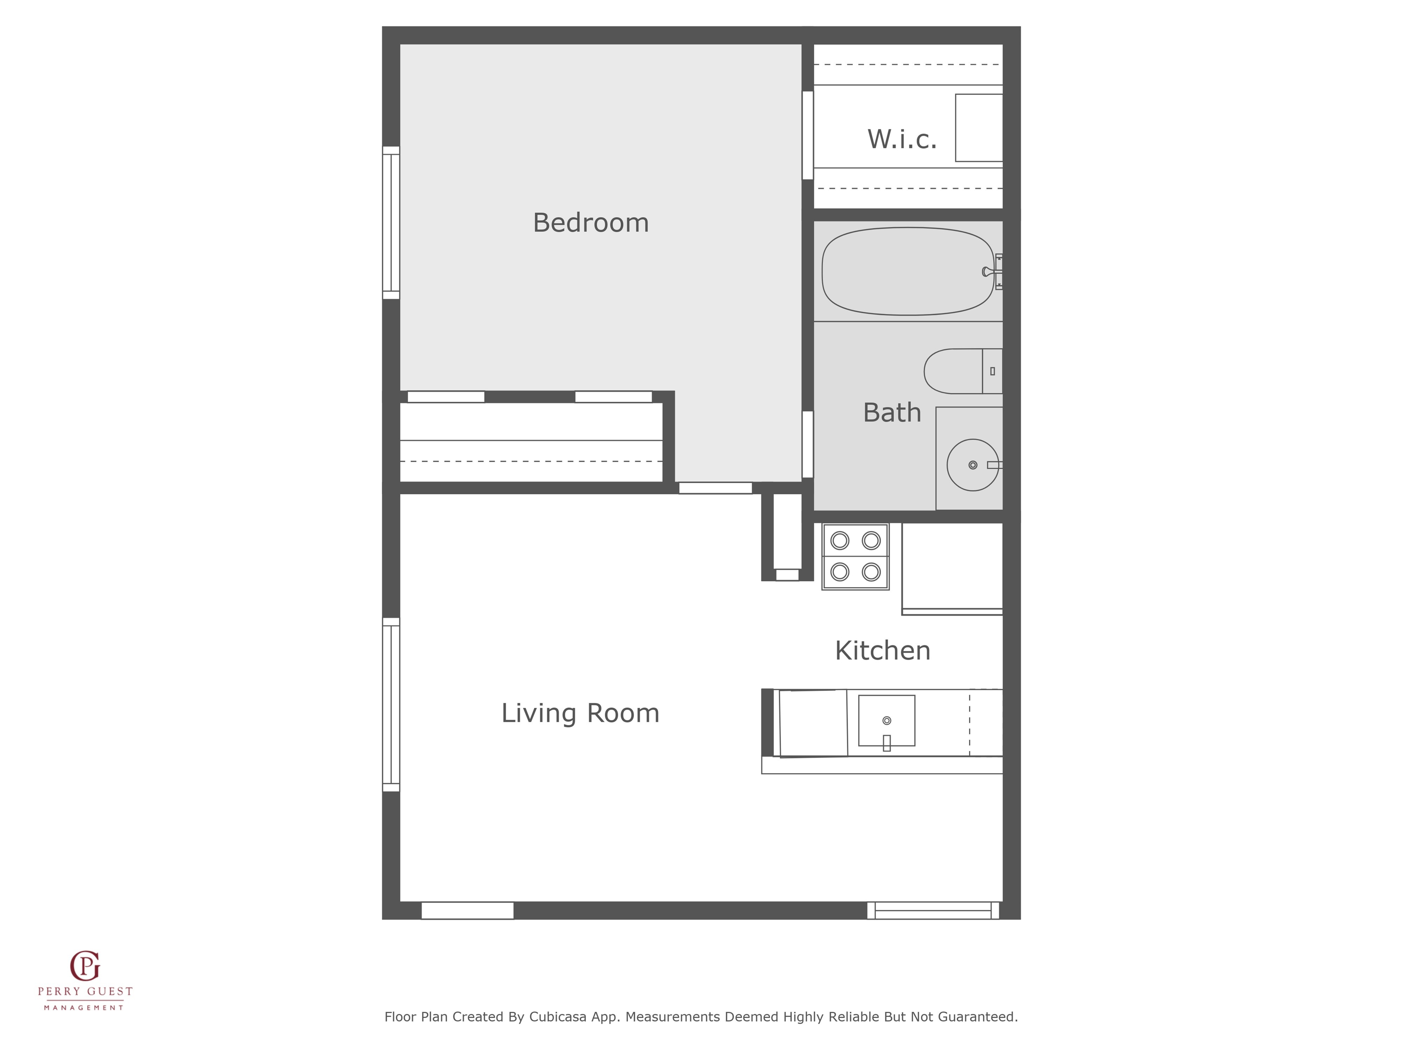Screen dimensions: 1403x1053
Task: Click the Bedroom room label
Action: coord(591,223)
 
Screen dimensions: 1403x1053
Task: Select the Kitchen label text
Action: coord(882,651)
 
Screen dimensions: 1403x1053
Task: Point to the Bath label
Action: coord(892,412)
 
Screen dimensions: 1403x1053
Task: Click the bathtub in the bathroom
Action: coord(908,272)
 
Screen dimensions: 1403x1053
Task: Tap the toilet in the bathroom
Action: coord(963,371)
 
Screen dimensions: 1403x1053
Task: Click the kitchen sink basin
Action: coord(887,720)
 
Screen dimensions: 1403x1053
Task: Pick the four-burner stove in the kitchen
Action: coord(855,557)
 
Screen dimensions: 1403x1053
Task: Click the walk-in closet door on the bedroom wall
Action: coord(807,135)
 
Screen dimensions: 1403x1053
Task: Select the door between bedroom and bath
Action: coord(807,444)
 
